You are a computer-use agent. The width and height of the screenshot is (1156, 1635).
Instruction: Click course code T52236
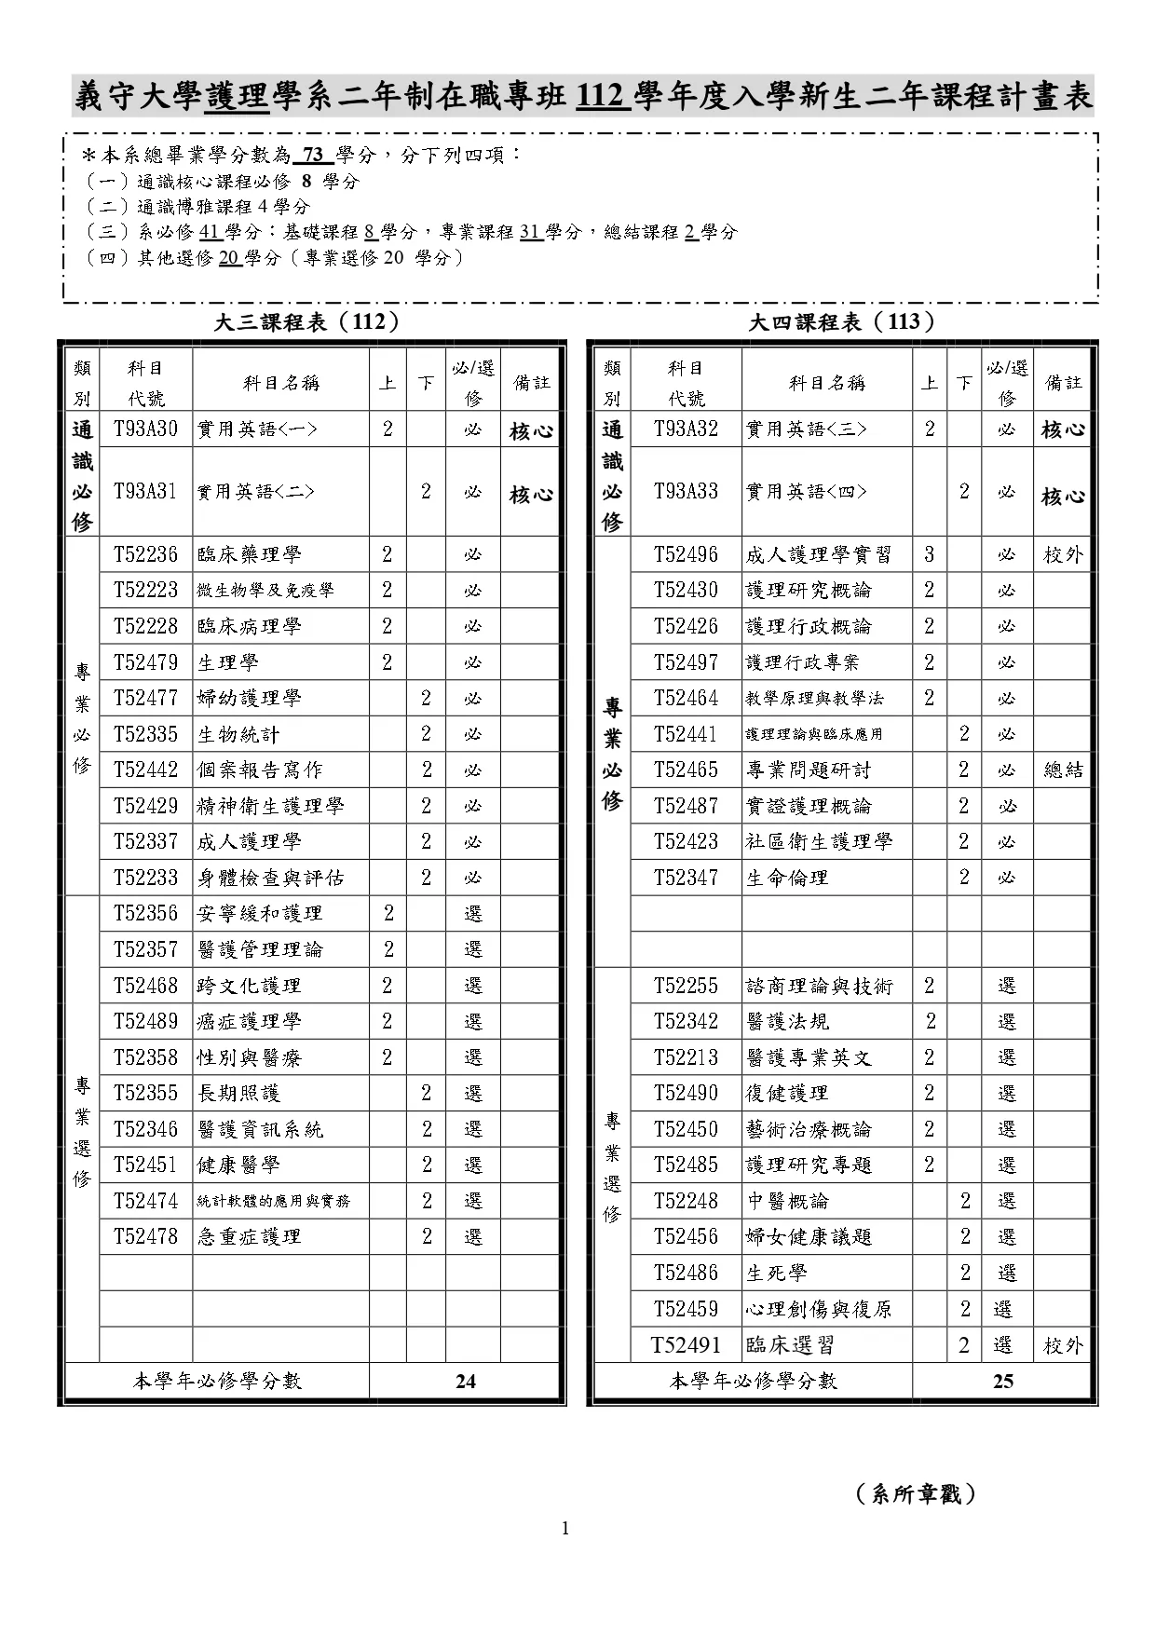[145, 554]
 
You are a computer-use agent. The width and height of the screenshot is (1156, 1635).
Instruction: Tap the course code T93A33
[686, 491]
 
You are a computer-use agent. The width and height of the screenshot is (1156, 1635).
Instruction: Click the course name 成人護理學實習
[818, 554]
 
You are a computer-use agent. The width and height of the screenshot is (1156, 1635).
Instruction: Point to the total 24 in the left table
[465, 1381]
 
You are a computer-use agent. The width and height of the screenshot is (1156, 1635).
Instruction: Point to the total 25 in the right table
[1002, 1381]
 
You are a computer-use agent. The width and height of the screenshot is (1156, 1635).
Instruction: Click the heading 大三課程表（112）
[307, 322]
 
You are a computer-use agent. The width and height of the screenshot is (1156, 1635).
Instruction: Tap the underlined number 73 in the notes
[312, 156]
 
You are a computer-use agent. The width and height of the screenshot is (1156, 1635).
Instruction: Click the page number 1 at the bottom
[565, 1528]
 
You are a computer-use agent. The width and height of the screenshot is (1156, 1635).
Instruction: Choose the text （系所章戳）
[916, 1494]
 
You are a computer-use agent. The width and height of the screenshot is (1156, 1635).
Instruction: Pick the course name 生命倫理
[786, 878]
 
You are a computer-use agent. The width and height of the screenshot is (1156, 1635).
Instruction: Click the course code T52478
[145, 1236]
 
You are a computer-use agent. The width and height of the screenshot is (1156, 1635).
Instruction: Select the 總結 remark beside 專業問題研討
[1063, 770]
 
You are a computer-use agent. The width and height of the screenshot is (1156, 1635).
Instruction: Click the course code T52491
[686, 1344]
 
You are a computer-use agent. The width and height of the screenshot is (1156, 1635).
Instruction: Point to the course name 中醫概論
[786, 1201]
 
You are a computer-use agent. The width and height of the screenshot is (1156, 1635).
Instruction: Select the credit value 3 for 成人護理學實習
[929, 554]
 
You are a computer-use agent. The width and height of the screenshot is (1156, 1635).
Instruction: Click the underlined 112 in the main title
[600, 97]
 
